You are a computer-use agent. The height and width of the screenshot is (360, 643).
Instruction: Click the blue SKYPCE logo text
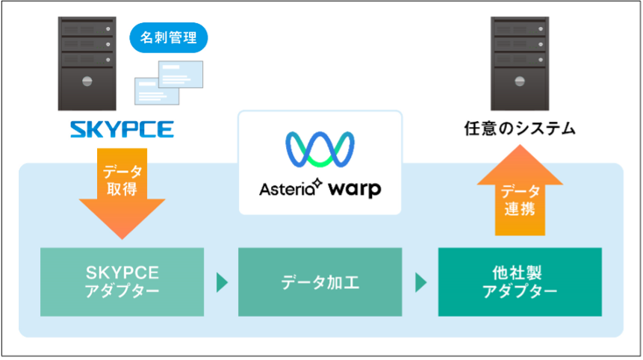(x=122, y=130)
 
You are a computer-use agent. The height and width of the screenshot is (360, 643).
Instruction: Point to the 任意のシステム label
(x=520, y=128)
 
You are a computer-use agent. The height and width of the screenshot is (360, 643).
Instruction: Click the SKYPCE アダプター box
(x=122, y=282)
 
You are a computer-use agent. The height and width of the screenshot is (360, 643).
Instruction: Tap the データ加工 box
(x=320, y=282)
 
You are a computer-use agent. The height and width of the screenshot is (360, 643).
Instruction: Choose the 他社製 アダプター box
(x=520, y=282)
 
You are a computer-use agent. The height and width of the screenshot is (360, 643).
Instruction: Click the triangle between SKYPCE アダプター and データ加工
(x=221, y=282)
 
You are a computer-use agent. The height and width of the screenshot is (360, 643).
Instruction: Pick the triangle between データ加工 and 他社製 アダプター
(x=420, y=282)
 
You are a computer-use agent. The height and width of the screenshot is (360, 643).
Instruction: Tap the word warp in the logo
(x=354, y=188)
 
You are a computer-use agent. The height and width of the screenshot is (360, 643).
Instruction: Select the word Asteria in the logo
(x=285, y=188)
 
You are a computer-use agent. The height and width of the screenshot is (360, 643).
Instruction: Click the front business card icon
(x=156, y=90)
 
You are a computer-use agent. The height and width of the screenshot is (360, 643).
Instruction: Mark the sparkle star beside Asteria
(x=317, y=181)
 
